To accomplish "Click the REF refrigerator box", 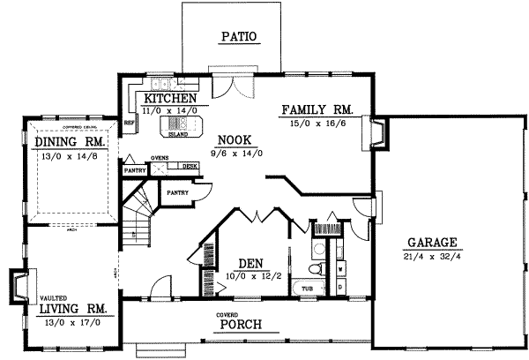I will [x=129, y=121].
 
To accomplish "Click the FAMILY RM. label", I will [x=317, y=110].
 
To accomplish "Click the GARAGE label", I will [x=431, y=242].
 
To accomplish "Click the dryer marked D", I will [x=340, y=287].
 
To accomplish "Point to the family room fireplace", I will [x=377, y=131].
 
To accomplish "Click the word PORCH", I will [x=240, y=325].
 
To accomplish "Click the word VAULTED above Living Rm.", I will [x=52, y=299].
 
